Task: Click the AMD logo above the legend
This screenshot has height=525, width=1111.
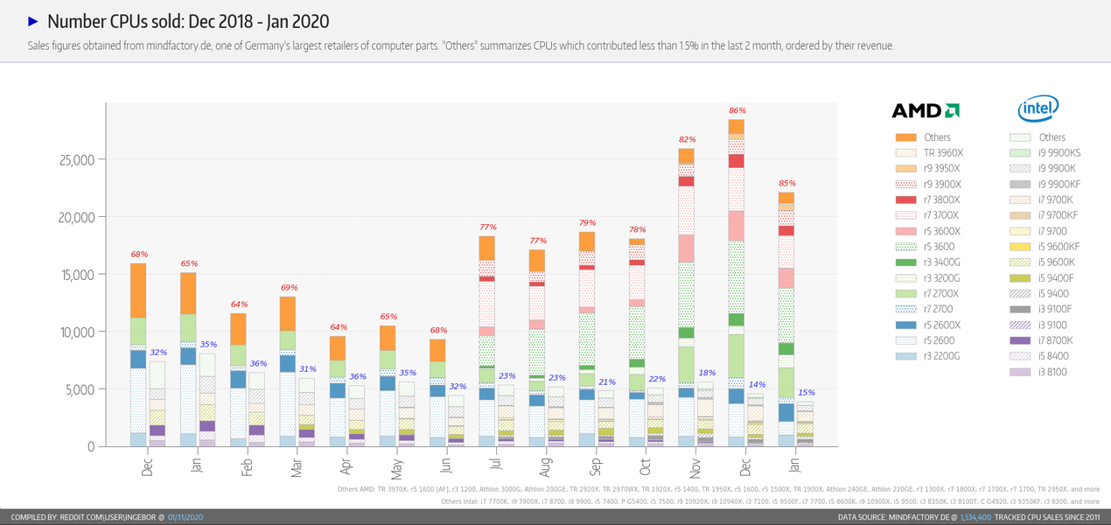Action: [925, 110]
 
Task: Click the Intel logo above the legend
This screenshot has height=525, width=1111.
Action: [1038, 108]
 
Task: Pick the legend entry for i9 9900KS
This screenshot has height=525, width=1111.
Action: [1045, 153]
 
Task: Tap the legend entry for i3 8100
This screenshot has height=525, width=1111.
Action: [1045, 372]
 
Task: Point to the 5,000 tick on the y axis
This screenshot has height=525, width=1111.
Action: [78, 389]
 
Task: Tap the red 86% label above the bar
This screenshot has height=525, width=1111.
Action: [737, 111]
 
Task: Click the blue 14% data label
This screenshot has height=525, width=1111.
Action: [756, 384]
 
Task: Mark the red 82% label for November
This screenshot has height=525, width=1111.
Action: [687, 140]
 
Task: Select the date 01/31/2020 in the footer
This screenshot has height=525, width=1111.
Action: [185, 518]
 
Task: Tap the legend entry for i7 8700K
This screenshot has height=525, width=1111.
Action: [1045, 340]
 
